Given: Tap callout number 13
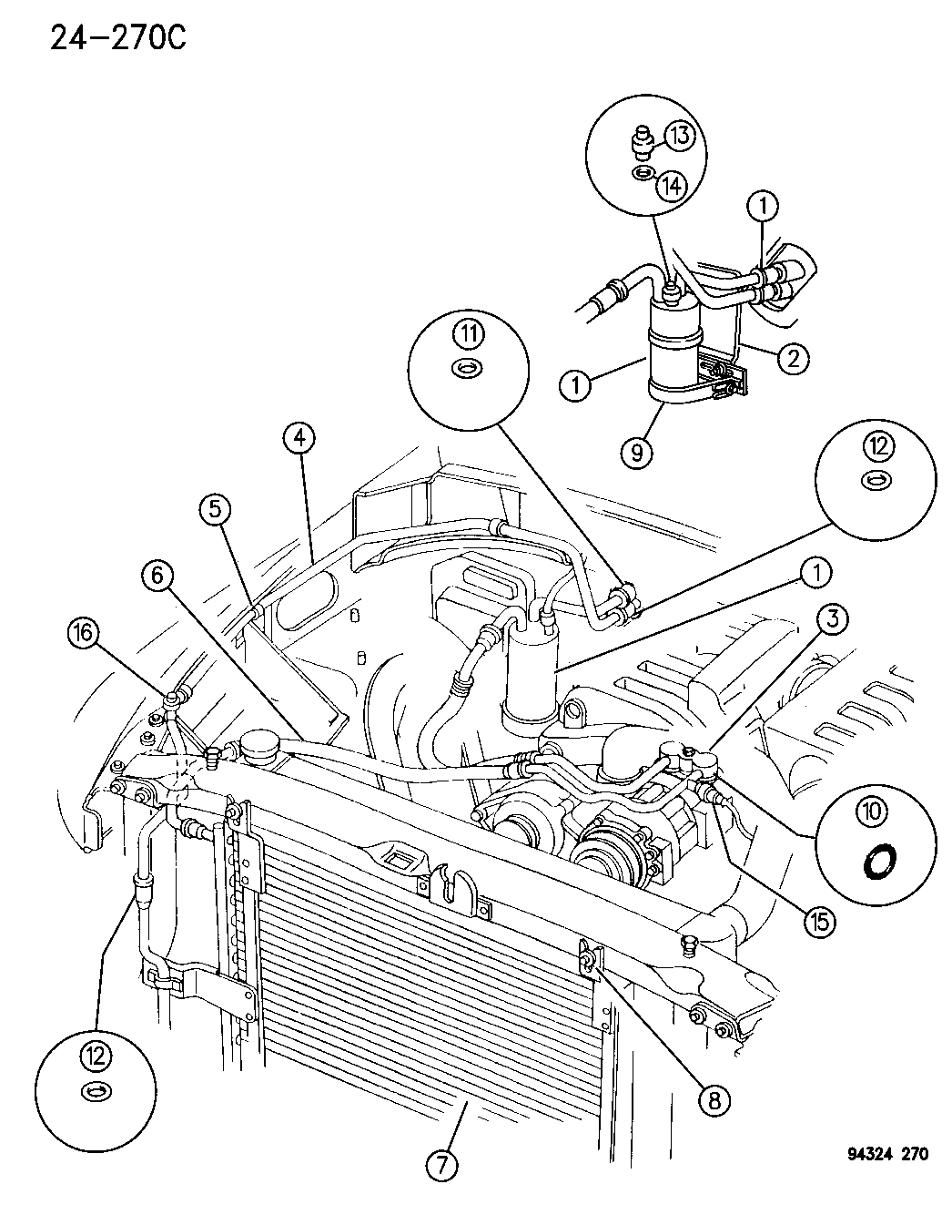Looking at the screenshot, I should click(x=680, y=137).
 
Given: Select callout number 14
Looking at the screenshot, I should click(x=672, y=185).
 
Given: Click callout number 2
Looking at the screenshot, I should click(x=792, y=357).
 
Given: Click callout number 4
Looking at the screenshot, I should click(x=302, y=440).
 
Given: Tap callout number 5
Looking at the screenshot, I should click(x=216, y=510).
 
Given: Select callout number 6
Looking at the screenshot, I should click(x=156, y=576).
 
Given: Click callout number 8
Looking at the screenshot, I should click(x=714, y=1101).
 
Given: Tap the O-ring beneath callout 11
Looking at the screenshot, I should click(x=467, y=370).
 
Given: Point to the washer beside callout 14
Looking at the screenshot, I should click(x=643, y=173).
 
